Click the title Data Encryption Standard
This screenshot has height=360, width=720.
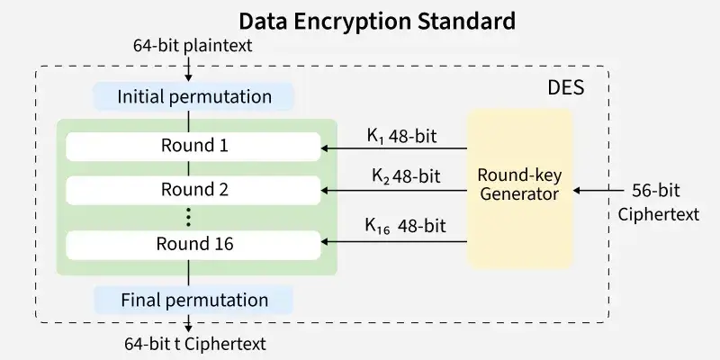pyautogui.click(x=377, y=21)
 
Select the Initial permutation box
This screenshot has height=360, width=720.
pyautogui.click(x=193, y=97)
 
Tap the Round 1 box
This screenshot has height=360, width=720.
pyautogui.click(x=193, y=147)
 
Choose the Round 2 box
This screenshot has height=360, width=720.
pyautogui.click(x=193, y=190)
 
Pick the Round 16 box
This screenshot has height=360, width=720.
pyautogui.click(x=193, y=245)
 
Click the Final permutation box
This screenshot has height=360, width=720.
pyautogui.click(x=193, y=300)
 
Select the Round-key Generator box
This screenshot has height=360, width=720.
pyautogui.click(x=520, y=189)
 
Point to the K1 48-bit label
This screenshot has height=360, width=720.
pyautogui.click(x=401, y=137)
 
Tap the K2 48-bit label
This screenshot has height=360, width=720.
pyautogui.click(x=406, y=176)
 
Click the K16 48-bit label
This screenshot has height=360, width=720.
pyautogui.click(x=406, y=226)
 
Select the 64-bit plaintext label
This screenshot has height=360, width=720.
pyautogui.click(x=193, y=46)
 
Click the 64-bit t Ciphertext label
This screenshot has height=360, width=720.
pyautogui.click(x=195, y=344)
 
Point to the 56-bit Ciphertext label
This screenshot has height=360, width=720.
pyautogui.click(x=658, y=202)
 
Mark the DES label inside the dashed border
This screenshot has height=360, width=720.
pyautogui.click(x=566, y=87)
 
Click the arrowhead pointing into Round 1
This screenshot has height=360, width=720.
pyautogui.click(x=324, y=148)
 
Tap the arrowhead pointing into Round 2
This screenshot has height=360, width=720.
pyautogui.click(x=324, y=190)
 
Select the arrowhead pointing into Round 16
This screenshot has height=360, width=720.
pyautogui.click(x=324, y=241)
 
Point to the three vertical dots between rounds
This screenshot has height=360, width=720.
pyautogui.click(x=188, y=217)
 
